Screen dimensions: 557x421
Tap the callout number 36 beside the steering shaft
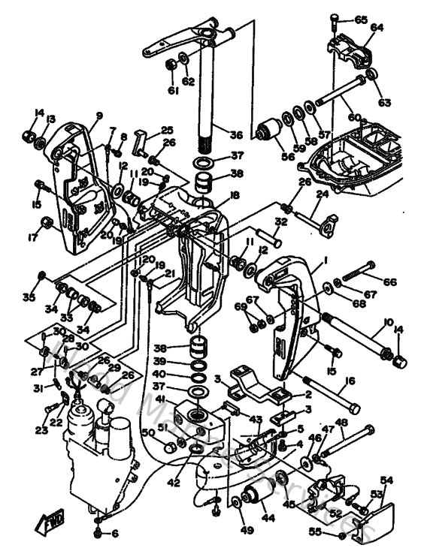pyautogui.click(x=236, y=135)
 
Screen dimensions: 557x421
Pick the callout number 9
pyautogui.click(x=98, y=116)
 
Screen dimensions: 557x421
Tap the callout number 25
pyautogui.click(x=167, y=130)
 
